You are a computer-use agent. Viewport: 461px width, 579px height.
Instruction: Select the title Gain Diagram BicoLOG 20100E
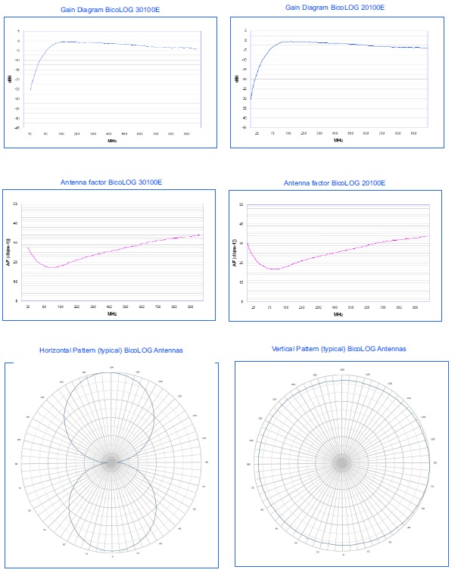click(335, 7)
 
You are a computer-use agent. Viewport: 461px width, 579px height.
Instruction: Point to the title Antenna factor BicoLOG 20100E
click(335, 183)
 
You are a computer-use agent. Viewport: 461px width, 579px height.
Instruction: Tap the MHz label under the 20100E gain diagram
click(338, 140)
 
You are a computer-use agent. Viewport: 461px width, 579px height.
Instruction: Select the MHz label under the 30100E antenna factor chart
click(112, 313)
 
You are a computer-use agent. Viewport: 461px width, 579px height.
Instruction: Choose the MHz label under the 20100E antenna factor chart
click(338, 314)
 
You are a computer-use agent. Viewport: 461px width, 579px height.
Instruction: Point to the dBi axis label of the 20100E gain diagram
click(238, 79)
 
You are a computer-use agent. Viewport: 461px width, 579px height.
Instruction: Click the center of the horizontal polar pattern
click(112, 460)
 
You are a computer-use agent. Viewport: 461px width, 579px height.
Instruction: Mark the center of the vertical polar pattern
click(342, 461)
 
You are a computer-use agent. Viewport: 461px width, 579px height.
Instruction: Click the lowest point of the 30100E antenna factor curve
click(51, 268)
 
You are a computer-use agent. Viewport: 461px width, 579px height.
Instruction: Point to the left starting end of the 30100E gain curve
click(30, 90)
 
